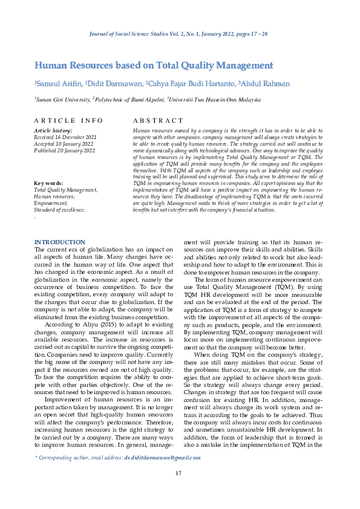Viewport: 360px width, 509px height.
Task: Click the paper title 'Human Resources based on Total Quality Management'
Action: (154, 65)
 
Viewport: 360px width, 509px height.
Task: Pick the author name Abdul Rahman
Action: (264, 84)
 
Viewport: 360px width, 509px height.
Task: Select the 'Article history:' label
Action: (53, 131)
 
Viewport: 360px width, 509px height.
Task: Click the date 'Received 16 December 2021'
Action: (65, 137)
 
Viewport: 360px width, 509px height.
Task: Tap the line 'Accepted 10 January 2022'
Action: (64, 144)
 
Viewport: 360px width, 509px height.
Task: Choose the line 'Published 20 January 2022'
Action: (65, 151)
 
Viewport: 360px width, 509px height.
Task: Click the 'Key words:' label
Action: (49, 183)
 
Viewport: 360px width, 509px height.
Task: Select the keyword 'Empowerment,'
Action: (52, 203)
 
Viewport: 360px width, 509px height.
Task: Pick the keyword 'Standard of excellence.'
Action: (60, 209)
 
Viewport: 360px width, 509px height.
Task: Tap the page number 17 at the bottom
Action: (179, 473)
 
